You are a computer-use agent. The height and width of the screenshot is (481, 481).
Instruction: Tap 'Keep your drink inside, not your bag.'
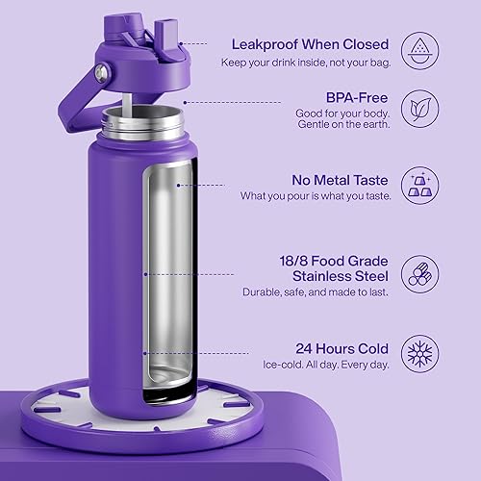tap(309, 63)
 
